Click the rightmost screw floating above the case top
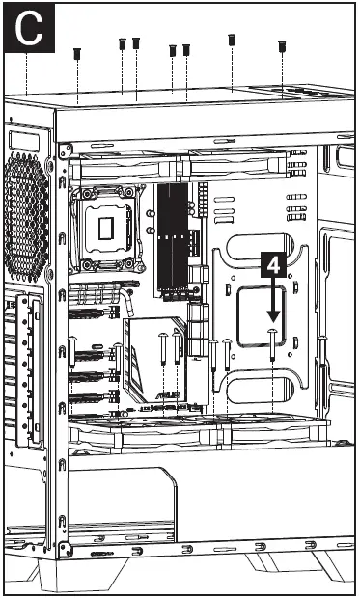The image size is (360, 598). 283,45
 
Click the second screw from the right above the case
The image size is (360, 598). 232,40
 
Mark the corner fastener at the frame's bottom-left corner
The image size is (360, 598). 67,550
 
